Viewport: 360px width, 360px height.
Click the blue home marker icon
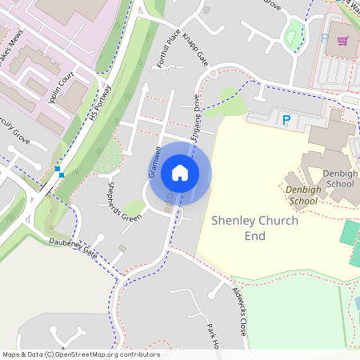click(180, 173)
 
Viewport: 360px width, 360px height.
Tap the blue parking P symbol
click(286, 120)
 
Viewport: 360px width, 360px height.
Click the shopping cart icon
click(342, 42)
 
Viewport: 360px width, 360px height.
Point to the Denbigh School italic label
click(302, 195)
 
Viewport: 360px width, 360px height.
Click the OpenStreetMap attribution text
click(81, 354)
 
